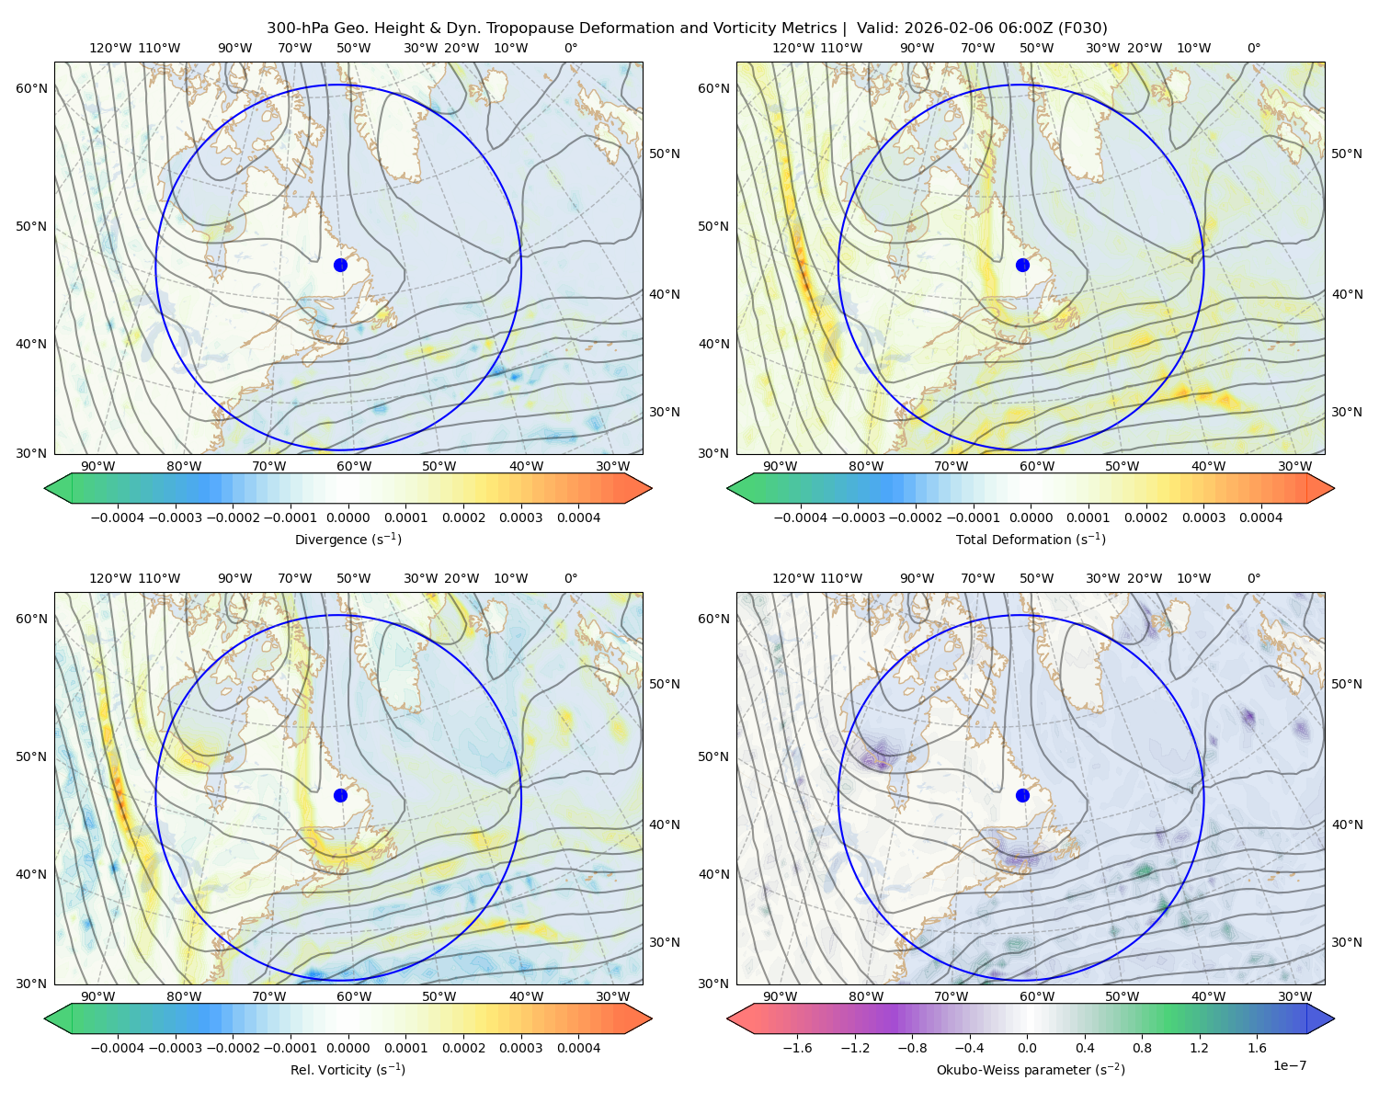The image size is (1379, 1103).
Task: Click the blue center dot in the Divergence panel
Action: click(x=340, y=265)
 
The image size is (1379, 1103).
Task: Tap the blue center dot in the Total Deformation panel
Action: click(x=1022, y=265)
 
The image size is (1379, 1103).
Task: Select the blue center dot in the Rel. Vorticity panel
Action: click(x=340, y=795)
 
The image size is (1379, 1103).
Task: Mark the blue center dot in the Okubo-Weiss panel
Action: click(x=1022, y=795)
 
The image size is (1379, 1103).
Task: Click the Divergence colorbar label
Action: click(x=348, y=540)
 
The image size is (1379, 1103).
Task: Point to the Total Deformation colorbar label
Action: click(x=1031, y=540)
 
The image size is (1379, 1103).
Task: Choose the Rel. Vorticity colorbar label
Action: click(x=348, y=1070)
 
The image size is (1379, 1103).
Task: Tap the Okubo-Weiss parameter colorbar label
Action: click(x=1031, y=1070)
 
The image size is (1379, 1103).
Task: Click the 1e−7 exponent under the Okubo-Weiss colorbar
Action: click(x=1290, y=1065)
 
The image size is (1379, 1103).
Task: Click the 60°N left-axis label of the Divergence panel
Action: click(x=31, y=88)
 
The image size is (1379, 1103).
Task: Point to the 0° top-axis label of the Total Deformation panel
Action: click(x=1254, y=49)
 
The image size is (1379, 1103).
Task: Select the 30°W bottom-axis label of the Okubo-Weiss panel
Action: click(x=1294, y=996)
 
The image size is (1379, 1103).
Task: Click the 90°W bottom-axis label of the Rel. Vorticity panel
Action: click(x=98, y=996)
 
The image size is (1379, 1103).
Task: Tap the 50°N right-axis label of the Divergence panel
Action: click(x=665, y=154)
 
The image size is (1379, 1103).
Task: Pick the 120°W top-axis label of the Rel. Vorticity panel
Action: click(x=110, y=579)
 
